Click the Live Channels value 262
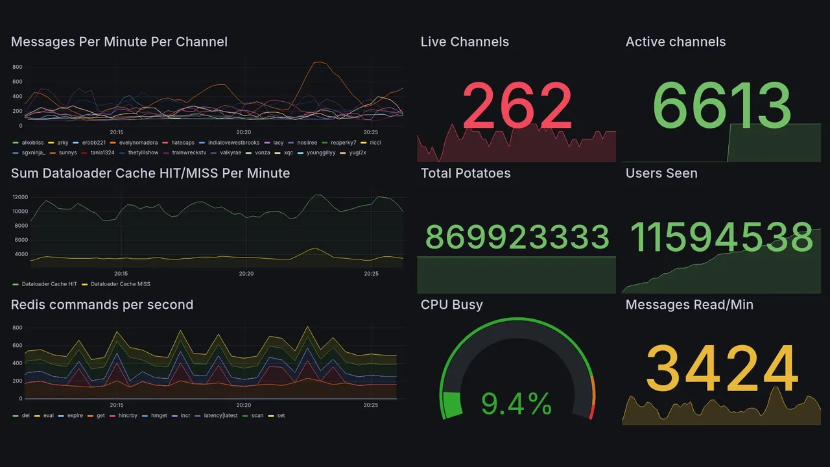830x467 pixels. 517,106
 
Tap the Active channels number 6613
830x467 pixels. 721,106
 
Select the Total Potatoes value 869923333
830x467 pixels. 517,237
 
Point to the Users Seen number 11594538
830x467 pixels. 721,237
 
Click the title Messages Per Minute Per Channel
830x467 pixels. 119,42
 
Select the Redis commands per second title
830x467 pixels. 102,305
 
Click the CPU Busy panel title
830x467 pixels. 451,305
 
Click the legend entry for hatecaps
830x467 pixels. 182,143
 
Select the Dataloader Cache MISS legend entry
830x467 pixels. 120,284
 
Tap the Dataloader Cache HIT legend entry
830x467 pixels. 49,284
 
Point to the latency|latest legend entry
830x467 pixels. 220,416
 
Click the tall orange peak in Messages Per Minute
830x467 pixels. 318,63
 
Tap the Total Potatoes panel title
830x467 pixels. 466,173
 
